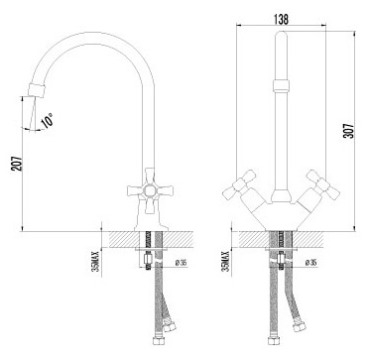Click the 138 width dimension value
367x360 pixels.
281,19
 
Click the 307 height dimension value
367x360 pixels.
349,131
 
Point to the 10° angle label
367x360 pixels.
48,120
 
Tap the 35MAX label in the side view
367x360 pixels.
96,261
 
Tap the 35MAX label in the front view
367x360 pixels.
226,261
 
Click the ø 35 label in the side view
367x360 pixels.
182,263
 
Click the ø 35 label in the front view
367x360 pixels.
310,263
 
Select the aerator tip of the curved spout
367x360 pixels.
36,90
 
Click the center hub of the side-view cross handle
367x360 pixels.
150,190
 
